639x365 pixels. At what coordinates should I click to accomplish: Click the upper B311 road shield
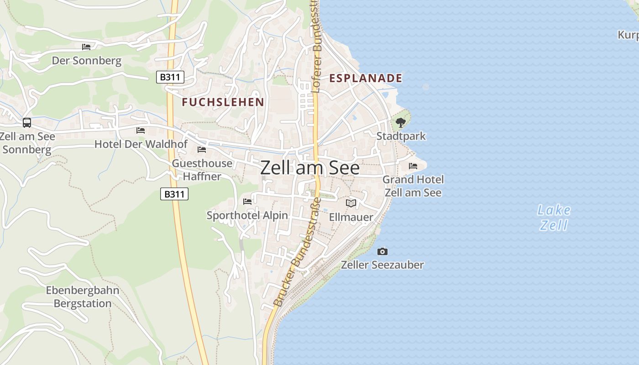[170, 77]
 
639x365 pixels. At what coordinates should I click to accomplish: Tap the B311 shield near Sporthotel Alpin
[174, 194]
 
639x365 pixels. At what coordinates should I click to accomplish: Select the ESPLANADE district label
[366, 78]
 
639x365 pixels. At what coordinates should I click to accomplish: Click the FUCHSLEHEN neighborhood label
[223, 102]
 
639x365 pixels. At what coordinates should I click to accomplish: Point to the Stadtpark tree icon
[401, 122]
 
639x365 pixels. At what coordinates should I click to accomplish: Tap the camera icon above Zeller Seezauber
[382, 251]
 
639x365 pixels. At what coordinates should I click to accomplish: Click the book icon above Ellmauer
[351, 203]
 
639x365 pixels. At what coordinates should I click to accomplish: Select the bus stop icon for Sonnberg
[27, 122]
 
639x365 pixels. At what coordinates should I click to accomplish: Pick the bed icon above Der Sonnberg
[86, 47]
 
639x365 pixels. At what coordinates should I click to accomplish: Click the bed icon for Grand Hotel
[413, 166]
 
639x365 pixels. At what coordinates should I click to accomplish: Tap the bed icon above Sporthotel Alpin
[247, 201]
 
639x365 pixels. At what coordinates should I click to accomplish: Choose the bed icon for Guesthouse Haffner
[202, 150]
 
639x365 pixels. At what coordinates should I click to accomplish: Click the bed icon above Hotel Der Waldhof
[141, 130]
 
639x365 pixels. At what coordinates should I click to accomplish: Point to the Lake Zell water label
[554, 217]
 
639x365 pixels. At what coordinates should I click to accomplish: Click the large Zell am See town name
[310, 168]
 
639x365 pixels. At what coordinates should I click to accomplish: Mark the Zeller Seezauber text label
[382, 265]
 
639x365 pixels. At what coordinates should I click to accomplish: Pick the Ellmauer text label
[351, 217]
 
